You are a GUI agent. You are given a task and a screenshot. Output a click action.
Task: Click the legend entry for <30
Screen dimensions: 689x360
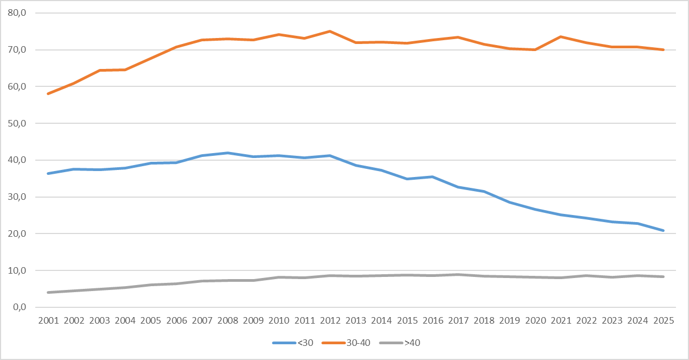pos(293,343)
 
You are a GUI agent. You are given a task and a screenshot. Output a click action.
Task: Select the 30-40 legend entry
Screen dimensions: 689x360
pos(346,343)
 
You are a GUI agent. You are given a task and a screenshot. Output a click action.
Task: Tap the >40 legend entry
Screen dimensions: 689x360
pos(400,343)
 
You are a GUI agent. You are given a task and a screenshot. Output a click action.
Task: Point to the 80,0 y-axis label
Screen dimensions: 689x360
pos(17,13)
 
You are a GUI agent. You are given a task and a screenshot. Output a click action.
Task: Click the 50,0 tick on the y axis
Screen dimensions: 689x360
pos(17,123)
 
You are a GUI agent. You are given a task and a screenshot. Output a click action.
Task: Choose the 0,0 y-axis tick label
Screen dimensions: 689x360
pos(20,307)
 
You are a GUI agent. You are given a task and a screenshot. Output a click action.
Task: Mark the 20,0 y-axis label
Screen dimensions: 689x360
pos(17,233)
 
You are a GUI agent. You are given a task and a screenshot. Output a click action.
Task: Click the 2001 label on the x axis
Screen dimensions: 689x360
pos(48,320)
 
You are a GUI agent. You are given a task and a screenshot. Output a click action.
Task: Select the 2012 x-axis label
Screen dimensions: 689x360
pos(330,320)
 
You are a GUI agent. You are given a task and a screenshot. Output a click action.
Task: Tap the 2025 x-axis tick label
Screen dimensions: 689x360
pos(663,320)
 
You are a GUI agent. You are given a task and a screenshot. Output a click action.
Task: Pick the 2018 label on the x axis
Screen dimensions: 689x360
pos(484,320)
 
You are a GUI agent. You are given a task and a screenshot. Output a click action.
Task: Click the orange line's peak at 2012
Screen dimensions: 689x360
pos(330,31)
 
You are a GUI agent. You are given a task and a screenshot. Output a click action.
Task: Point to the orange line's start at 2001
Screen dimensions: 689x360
pos(48,93)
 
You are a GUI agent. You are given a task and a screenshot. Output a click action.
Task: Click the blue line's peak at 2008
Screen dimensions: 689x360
pos(227,153)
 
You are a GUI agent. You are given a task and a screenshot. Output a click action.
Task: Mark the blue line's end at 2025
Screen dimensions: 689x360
pos(663,230)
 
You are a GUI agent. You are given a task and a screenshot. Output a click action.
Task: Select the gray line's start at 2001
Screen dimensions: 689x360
pos(48,292)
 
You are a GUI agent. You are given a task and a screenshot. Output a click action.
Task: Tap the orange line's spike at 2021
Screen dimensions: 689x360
pos(561,36)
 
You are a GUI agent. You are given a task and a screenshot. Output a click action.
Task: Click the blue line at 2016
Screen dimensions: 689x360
pos(433,177)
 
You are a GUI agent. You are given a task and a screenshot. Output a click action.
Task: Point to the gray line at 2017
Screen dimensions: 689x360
pos(458,274)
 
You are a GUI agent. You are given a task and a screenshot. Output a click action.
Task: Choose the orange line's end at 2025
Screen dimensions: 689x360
pos(663,49)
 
